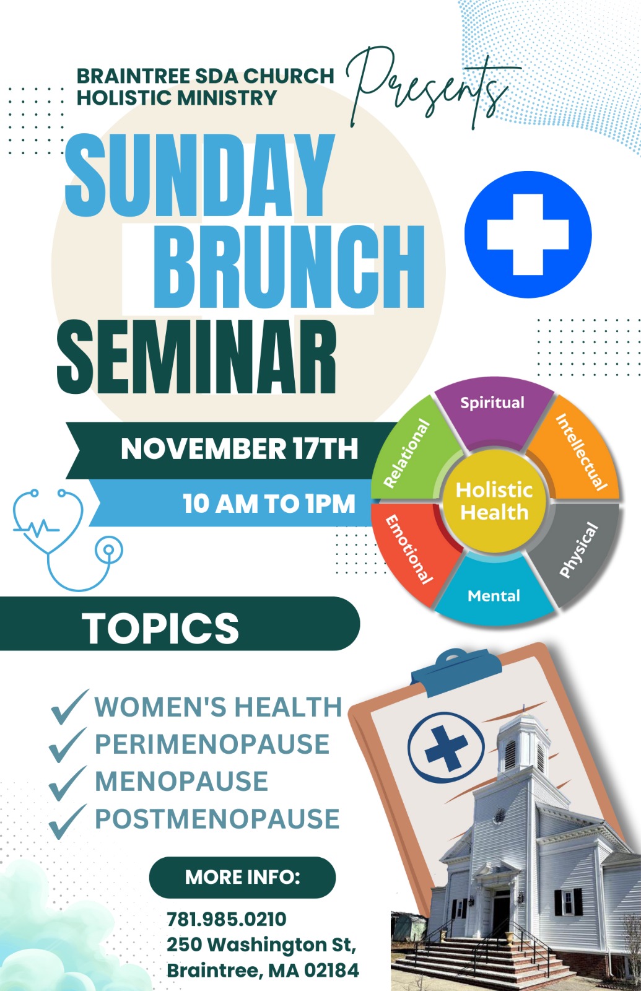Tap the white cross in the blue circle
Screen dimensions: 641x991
528,235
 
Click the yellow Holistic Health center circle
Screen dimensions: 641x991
494,501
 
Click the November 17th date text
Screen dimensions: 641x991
239,448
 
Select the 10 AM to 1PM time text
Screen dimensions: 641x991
269,503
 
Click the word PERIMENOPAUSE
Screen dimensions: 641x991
212,744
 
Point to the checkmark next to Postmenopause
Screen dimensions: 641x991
68,821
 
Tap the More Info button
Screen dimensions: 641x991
242,877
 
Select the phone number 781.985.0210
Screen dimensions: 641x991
227,919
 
